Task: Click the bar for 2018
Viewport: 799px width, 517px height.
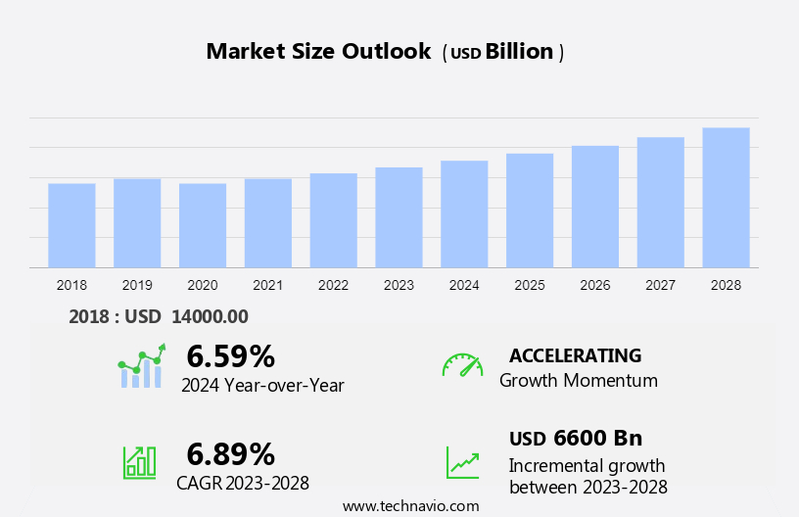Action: pos(71,225)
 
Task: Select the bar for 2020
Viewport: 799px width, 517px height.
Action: pos(203,225)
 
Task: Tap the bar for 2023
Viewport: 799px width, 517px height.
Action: pos(399,217)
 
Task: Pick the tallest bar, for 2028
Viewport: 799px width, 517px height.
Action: pos(726,198)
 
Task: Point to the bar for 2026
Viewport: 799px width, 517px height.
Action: pos(595,207)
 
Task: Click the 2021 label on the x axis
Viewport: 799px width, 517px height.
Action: pos(268,285)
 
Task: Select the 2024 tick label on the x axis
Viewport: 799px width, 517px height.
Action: pos(464,285)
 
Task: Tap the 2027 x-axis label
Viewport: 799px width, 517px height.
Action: pos(661,285)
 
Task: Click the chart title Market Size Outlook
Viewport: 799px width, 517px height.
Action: pos(318,52)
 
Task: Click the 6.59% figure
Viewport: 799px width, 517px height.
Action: pos(230,355)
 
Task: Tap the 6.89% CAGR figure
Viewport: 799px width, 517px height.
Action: pos(230,453)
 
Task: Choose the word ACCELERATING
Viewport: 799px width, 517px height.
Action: pos(576,355)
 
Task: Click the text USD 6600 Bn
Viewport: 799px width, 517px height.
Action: pos(576,438)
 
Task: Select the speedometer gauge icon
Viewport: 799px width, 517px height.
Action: pos(462,365)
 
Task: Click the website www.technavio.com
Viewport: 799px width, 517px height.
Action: pos(410,505)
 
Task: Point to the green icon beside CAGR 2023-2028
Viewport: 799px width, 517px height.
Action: pos(139,461)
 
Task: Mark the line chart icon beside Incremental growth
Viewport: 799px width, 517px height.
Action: pos(462,462)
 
